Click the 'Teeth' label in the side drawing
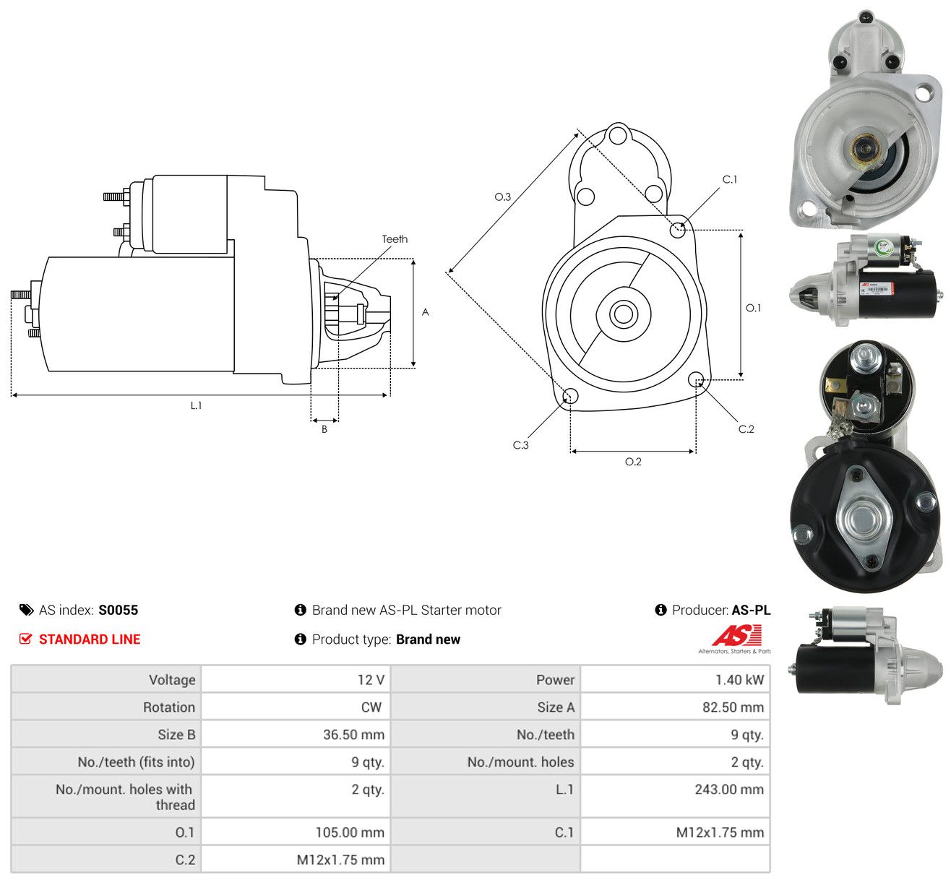395,239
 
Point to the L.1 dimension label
196,405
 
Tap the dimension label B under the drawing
324,429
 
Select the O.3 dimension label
502,197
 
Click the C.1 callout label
729,180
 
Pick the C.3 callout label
520,445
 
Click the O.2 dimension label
633,462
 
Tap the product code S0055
119,610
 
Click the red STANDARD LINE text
90,639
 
